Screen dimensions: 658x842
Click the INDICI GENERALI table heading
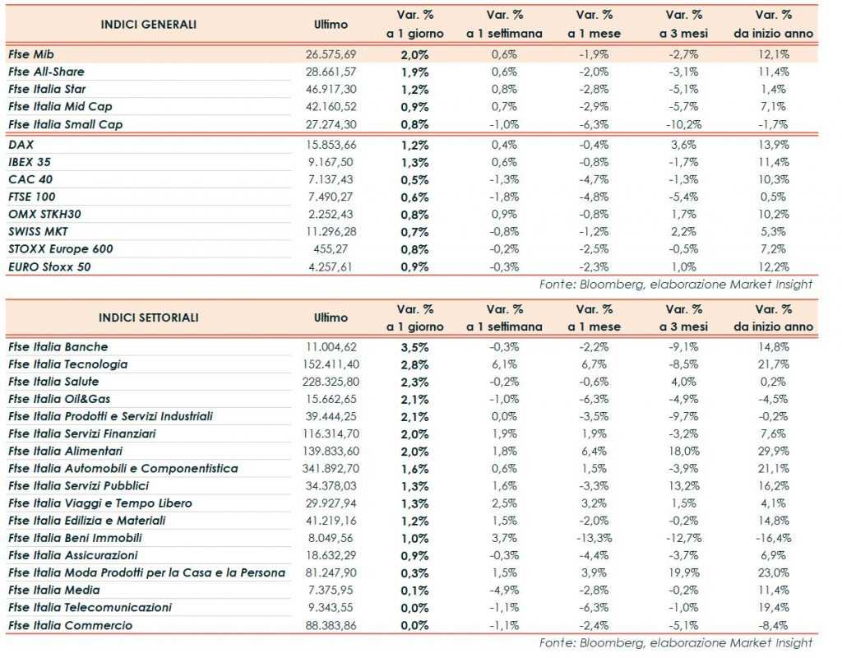tap(148, 24)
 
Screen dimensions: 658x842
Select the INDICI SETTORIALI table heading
tap(148, 317)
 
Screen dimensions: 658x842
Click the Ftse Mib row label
tap(30, 53)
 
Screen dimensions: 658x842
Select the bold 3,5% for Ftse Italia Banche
tap(414, 347)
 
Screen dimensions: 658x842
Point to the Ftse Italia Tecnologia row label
tap(67, 364)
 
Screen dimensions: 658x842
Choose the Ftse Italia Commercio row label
tap(70, 625)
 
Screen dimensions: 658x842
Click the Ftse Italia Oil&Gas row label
tap(60, 399)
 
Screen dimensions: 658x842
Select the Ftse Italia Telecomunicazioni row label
tap(90, 607)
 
